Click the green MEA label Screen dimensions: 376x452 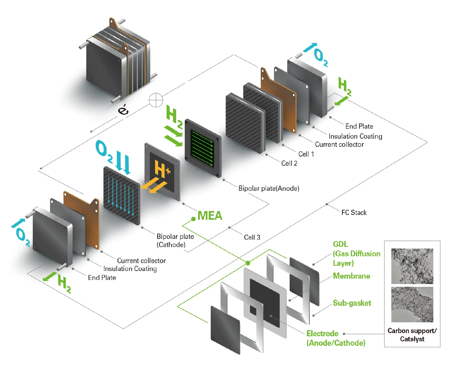(210, 216)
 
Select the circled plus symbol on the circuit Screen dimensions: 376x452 (156, 100)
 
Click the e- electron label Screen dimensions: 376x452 (123, 109)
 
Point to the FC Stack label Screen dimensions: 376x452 (354, 213)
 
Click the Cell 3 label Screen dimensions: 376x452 (252, 237)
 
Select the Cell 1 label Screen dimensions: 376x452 (306, 154)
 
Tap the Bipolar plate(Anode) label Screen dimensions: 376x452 (269, 188)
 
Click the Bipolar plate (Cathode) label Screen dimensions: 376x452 (175, 240)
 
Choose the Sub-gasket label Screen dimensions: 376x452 (352, 303)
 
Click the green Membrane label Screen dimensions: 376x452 (351, 276)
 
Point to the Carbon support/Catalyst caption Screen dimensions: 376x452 (412, 335)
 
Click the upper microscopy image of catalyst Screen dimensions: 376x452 (412, 266)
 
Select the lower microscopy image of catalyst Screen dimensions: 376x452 (412, 304)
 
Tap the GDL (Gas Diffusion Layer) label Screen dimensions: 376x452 (356, 254)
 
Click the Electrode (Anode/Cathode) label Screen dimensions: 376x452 (336, 338)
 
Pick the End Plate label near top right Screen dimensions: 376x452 (359, 126)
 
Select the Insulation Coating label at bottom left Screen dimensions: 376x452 (130, 269)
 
